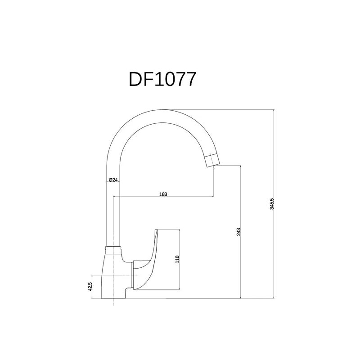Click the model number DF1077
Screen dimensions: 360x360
162,79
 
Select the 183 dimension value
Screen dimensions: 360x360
163,194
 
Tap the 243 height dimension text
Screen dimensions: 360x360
238,231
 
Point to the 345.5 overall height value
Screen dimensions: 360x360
272,204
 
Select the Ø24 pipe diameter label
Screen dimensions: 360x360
113,180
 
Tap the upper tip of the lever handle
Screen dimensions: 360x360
156,230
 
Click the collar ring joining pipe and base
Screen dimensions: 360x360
112,248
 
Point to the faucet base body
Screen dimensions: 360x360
112,274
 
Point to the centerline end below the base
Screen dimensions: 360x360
112,305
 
